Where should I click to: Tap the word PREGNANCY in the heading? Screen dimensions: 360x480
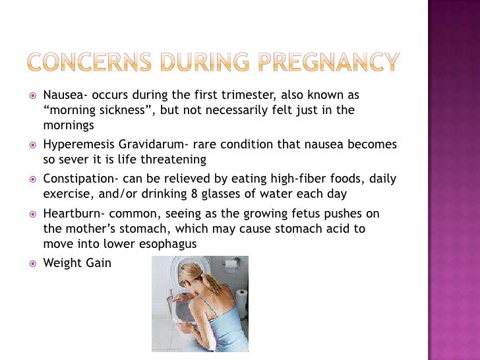[328, 63]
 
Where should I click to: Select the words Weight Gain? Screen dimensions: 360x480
[77, 263]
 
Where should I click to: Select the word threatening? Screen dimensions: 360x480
[175, 160]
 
